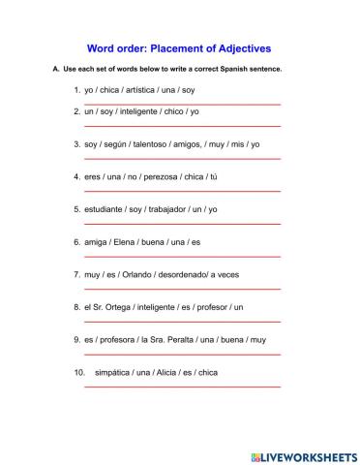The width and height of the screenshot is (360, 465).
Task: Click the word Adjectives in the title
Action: click(x=237, y=46)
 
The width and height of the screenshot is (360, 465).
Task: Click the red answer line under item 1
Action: click(x=183, y=104)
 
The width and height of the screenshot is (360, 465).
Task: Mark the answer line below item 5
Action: click(x=183, y=224)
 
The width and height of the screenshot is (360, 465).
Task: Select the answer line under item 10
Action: click(x=183, y=387)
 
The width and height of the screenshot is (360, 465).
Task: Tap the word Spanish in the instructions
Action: click(x=236, y=70)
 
